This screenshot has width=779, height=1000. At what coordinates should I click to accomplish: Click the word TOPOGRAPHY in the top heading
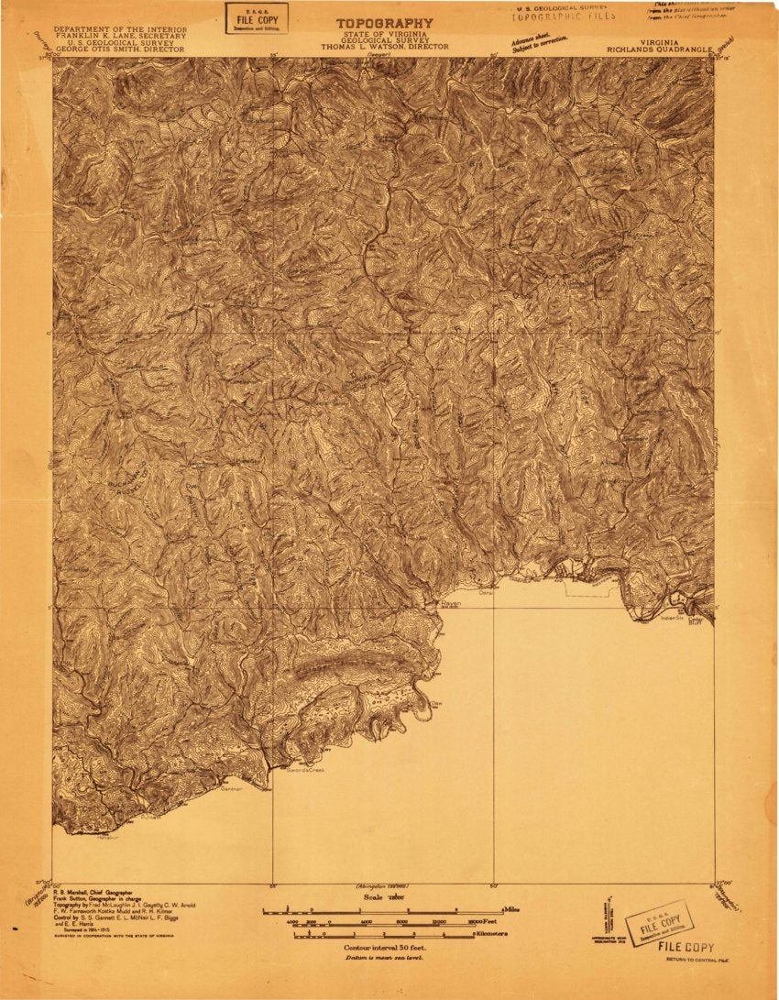click(384, 23)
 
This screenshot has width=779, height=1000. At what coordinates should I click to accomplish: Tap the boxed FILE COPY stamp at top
click(257, 17)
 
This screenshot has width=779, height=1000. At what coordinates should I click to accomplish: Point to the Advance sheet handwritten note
click(540, 42)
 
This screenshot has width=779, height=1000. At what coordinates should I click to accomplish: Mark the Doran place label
click(486, 593)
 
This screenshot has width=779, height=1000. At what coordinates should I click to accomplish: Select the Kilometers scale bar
click(385, 935)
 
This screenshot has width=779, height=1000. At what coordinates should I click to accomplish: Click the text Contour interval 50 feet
click(384, 947)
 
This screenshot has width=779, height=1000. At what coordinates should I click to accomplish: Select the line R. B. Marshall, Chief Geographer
click(92, 892)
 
